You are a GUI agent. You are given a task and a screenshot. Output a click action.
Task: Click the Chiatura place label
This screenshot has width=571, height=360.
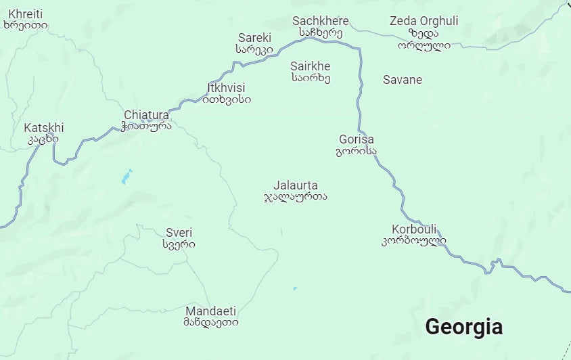point(146,115)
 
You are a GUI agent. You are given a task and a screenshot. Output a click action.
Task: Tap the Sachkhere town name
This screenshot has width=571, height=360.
point(321,21)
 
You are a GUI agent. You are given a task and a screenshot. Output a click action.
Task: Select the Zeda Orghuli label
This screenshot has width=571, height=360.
point(424,21)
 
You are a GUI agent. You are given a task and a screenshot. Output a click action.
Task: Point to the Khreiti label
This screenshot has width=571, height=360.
point(25,14)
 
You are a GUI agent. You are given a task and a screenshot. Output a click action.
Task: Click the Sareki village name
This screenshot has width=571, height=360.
point(254,38)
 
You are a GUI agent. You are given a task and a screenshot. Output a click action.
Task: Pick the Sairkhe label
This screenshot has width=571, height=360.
point(311,66)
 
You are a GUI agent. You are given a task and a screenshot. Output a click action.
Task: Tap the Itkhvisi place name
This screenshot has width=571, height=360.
point(226,88)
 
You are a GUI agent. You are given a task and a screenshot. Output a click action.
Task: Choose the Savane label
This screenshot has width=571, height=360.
point(403,80)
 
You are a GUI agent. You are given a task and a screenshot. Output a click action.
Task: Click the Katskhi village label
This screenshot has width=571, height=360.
point(43,128)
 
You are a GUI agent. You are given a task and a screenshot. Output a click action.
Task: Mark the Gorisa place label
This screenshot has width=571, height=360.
point(356,139)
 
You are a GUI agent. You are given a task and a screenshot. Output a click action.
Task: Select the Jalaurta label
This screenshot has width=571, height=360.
point(295,185)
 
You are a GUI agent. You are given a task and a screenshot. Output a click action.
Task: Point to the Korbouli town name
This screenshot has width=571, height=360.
point(414,229)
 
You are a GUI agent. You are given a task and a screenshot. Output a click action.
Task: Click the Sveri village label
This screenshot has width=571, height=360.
point(179,233)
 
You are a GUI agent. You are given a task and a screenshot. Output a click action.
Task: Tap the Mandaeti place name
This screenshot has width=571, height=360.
point(211,311)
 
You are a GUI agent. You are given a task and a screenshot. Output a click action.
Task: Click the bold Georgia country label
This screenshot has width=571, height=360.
point(463,327)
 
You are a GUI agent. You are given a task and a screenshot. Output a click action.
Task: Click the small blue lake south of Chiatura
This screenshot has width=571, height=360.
point(126,177)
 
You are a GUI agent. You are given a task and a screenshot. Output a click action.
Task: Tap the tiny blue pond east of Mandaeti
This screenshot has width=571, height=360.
point(295,289)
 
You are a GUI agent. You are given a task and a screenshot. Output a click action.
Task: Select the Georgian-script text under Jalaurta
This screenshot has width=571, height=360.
point(295,197)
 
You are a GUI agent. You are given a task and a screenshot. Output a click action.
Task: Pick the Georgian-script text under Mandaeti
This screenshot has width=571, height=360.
point(211,323)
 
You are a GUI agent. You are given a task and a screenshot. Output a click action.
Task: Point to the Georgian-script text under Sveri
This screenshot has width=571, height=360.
point(179,244)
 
